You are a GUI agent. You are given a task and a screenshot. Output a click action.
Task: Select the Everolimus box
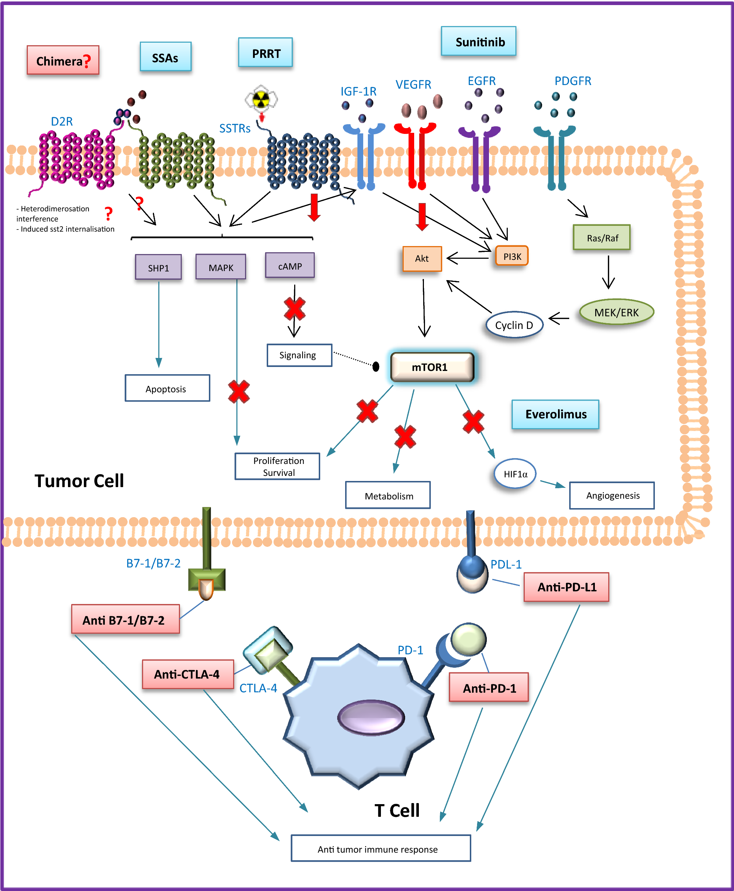tap(555, 414)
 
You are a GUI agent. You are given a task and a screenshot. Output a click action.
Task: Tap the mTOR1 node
tap(432, 367)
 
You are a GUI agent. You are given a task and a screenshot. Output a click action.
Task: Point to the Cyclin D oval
tap(514, 325)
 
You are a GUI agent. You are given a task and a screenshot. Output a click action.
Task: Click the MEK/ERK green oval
tap(616, 312)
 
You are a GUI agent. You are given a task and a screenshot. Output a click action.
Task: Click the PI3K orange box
tap(512, 256)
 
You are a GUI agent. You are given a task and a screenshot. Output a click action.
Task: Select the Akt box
tap(421, 258)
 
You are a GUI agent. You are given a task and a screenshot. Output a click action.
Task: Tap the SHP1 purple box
tap(158, 267)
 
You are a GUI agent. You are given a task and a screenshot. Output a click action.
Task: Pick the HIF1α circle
tap(515, 474)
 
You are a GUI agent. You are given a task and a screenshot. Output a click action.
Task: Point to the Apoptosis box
tap(167, 388)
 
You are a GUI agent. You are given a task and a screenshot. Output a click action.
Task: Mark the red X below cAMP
tap(294, 309)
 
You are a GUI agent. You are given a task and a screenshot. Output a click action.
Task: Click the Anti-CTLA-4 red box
tap(187, 674)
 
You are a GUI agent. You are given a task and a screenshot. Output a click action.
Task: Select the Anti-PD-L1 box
tap(566, 587)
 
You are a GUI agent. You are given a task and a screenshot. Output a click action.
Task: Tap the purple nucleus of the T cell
tap(371, 717)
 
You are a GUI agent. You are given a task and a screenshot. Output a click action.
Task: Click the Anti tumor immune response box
tap(381, 848)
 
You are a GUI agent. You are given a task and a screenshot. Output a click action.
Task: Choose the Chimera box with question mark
tap(63, 60)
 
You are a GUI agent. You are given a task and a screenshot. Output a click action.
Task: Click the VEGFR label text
tap(413, 84)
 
